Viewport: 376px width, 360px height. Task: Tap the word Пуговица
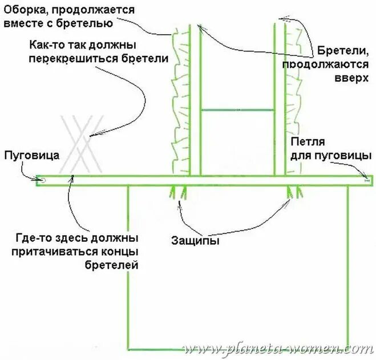click(26, 155)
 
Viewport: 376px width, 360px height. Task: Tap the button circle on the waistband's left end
click(41, 180)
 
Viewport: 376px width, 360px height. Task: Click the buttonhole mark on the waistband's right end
click(366, 180)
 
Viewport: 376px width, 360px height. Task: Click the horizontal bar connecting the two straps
click(237, 109)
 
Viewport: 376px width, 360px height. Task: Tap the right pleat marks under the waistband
click(295, 193)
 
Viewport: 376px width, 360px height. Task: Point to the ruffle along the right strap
click(294, 97)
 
